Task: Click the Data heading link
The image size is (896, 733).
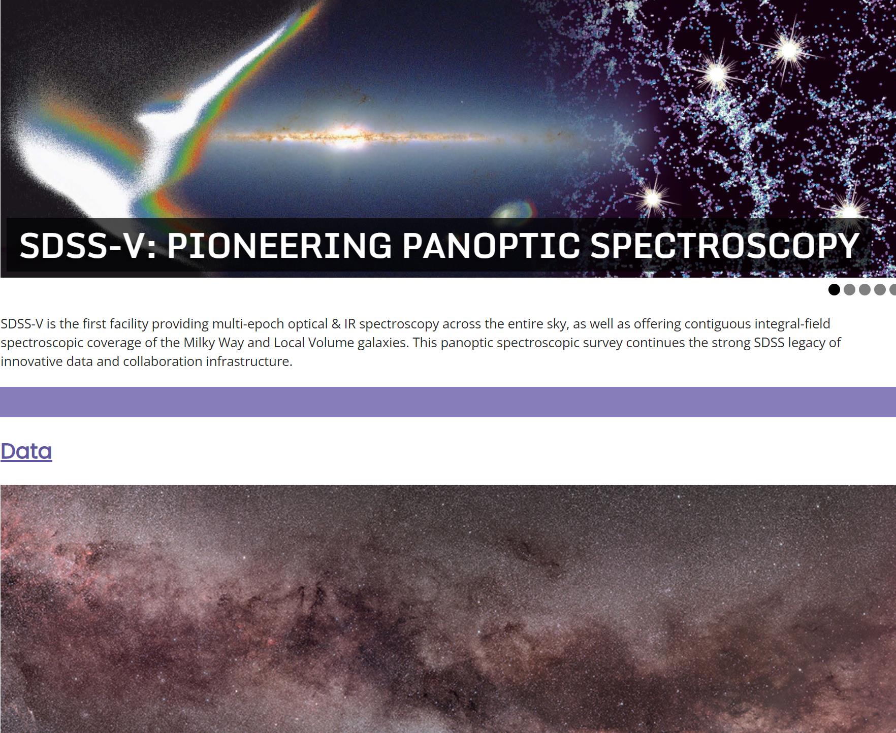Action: [x=26, y=451]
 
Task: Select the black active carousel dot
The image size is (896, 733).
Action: [x=834, y=289]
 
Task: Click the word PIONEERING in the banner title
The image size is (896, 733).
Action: [x=279, y=246]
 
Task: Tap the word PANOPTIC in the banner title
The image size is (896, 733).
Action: [x=491, y=246]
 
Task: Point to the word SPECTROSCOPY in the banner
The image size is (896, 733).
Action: [x=724, y=246]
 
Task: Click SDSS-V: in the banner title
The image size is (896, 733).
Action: [x=88, y=246]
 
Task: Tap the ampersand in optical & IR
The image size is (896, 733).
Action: [x=336, y=324]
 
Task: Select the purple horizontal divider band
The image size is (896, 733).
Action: [x=448, y=402]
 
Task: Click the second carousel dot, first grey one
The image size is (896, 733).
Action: [x=849, y=289]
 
